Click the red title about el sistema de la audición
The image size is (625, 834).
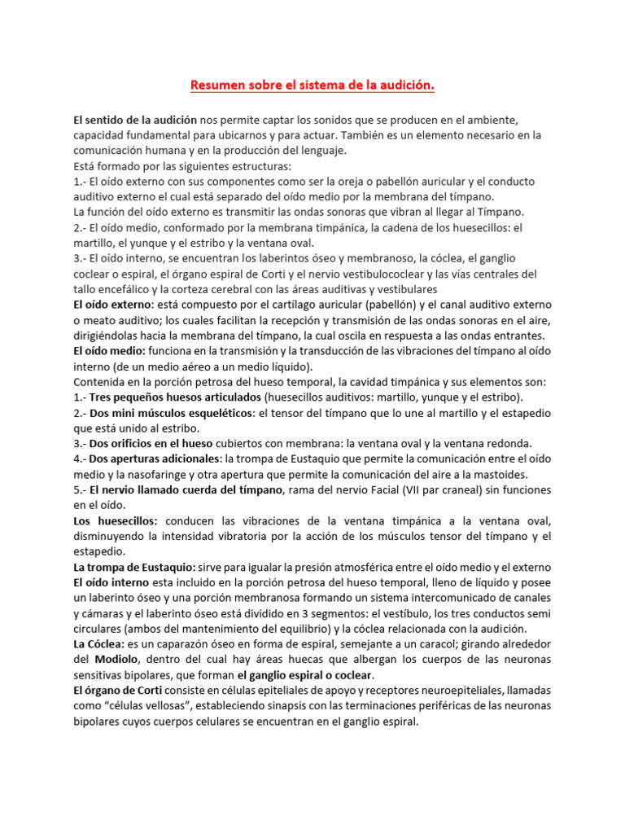pyautogui.click(x=312, y=85)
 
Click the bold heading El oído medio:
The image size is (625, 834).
pyautogui.click(x=110, y=351)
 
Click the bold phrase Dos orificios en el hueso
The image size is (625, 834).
pyautogui.click(x=151, y=444)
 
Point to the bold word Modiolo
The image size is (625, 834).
pyautogui.click(x=117, y=659)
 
